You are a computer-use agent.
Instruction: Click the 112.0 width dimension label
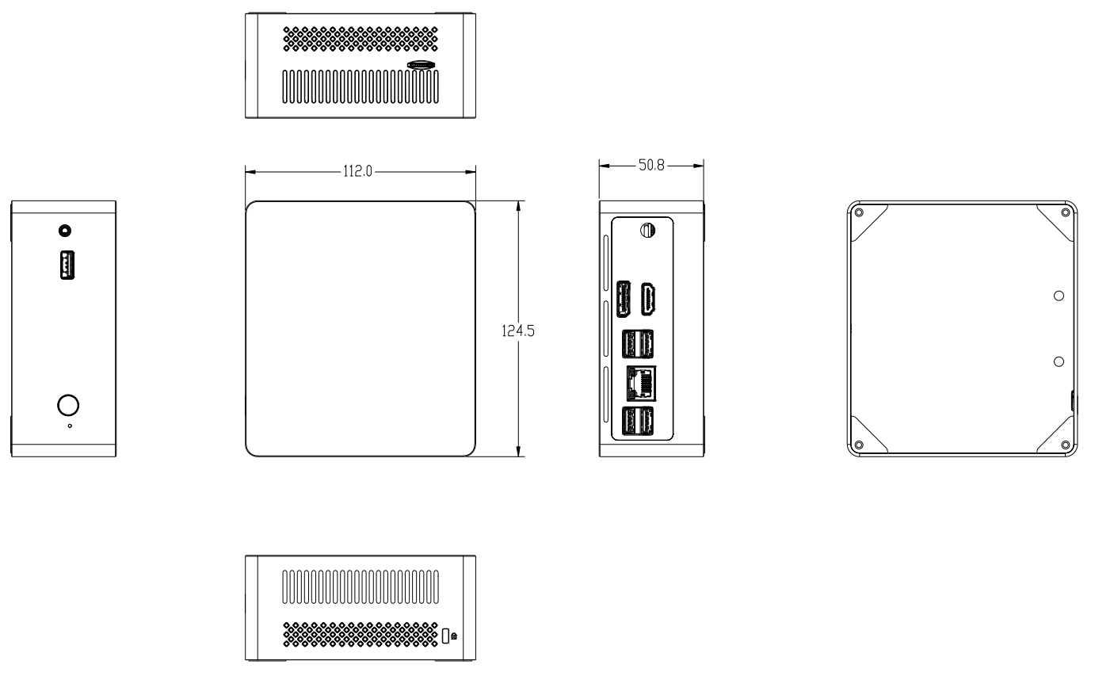click(x=357, y=172)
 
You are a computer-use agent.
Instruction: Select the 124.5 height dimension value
click(x=517, y=330)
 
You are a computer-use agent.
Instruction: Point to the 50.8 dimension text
click(x=651, y=165)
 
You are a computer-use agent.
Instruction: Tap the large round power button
click(x=68, y=405)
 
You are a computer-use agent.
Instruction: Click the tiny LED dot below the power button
click(x=70, y=426)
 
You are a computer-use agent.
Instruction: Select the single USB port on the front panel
click(x=67, y=265)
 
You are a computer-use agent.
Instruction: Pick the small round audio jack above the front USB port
click(x=65, y=231)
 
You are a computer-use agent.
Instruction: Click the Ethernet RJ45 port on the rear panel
click(x=641, y=383)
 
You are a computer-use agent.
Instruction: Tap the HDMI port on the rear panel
click(x=648, y=299)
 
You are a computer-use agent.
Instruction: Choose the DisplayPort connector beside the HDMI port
click(x=624, y=299)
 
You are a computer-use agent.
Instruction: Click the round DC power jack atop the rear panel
click(x=647, y=231)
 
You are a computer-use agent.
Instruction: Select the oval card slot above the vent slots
click(x=422, y=65)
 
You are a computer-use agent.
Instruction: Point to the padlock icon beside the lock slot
click(x=453, y=636)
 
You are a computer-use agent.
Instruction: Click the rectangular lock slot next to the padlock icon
click(x=445, y=636)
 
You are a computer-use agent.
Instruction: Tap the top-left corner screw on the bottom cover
click(x=858, y=213)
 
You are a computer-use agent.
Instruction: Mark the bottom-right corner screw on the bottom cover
click(x=1065, y=445)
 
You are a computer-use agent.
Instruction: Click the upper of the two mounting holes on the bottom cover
click(x=1059, y=296)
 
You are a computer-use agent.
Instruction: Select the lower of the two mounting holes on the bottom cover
click(x=1059, y=361)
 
